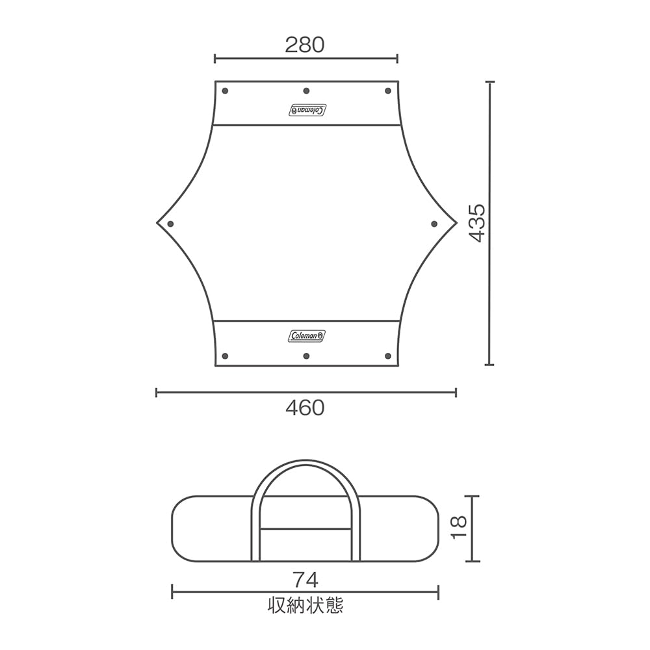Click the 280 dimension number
click(304, 45)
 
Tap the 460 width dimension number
click(304, 408)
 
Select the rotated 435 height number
click(478, 223)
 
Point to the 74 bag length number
click(305, 578)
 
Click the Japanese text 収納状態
click(305, 606)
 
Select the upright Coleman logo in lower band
click(307, 335)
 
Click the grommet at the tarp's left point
click(170, 224)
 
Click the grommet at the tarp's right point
click(435, 224)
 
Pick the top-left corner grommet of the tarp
click(225, 91)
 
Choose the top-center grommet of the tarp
click(306, 91)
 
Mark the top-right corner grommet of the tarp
click(388, 91)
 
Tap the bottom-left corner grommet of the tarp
click(225, 356)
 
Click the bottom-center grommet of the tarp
click(306, 356)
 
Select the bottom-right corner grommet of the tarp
click(388, 356)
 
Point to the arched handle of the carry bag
click(305, 467)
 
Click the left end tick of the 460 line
click(157, 392)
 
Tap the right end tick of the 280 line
click(397, 59)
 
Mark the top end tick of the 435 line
click(489, 82)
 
